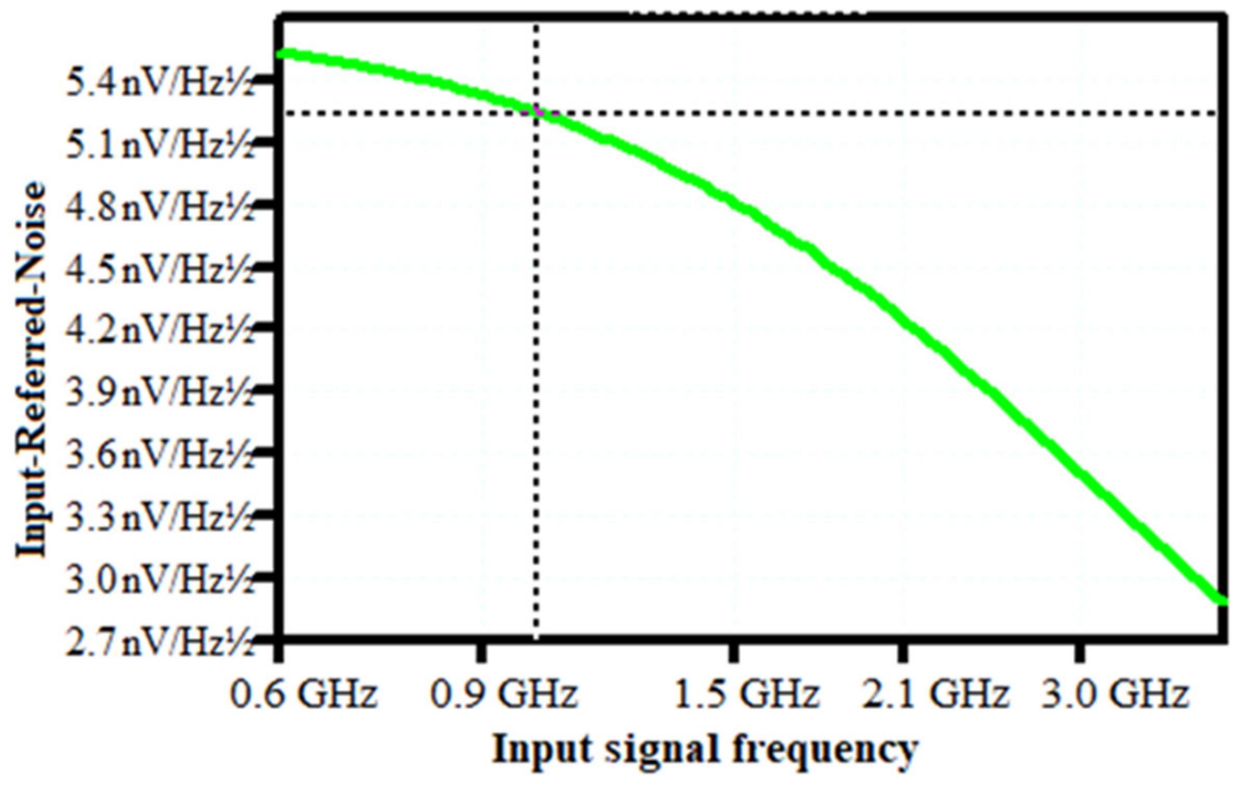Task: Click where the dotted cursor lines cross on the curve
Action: pos(537,112)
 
